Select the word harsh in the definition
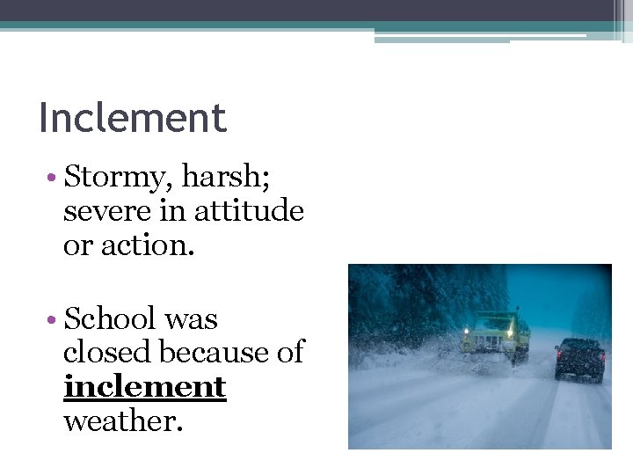(225, 179)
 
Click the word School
(110, 318)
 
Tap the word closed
(107, 352)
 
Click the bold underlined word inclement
(145, 387)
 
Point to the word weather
(123, 420)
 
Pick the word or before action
(77, 245)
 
